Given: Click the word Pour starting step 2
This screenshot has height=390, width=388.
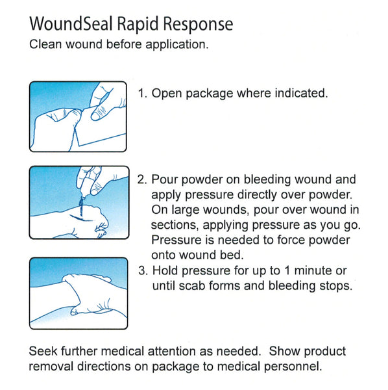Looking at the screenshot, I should [164, 179].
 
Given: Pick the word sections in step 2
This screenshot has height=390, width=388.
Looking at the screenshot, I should [175, 225].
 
